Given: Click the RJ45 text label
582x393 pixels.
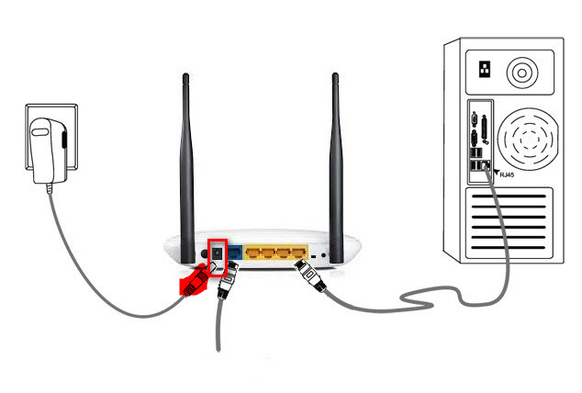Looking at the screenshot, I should pos(508,173).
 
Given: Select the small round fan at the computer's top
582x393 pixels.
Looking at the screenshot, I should pos(523,72).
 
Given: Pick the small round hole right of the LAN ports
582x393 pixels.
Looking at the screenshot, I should pos(324,254).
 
